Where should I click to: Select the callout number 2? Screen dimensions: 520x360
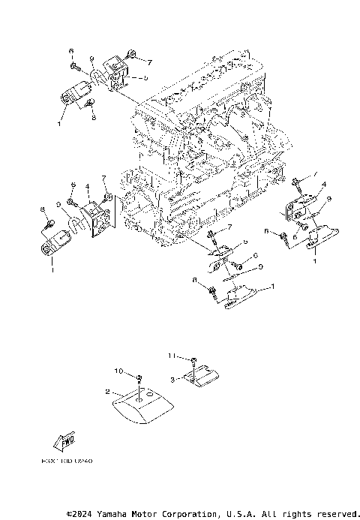click(108, 391)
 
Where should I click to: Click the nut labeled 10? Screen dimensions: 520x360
click(140, 375)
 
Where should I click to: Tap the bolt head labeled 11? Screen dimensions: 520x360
click(193, 359)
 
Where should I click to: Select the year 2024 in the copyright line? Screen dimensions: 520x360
click(83, 514)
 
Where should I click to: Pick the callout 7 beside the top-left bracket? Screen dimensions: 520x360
click(149, 61)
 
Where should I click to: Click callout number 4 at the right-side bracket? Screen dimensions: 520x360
click(324, 183)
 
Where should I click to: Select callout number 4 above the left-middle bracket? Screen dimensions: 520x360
click(88, 186)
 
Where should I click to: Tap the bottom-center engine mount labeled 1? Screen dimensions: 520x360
click(240, 299)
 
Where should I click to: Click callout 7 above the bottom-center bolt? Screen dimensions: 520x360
click(231, 226)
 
